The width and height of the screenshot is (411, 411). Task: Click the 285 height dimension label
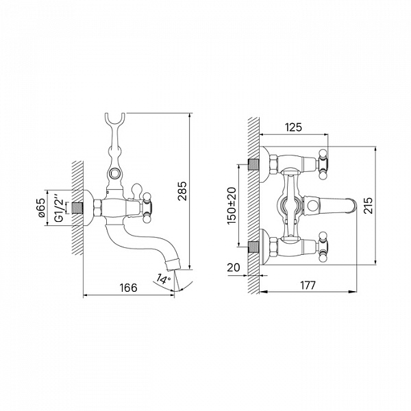tap(182, 191)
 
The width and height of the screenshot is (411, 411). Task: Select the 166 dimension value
tap(129, 288)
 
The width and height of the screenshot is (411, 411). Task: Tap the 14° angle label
tap(164, 279)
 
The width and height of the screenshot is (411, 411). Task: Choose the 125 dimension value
tap(294, 127)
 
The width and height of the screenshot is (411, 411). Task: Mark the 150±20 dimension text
tap(232, 206)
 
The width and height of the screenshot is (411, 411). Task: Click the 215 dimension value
tap(368, 206)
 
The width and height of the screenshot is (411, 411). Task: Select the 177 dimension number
tap(308, 286)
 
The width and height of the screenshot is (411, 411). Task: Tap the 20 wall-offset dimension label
tap(234, 268)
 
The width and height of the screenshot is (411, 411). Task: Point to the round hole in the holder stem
tap(114, 173)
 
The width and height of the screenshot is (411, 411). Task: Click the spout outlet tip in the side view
tap(173, 264)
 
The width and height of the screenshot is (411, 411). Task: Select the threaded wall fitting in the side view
tap(77, 208)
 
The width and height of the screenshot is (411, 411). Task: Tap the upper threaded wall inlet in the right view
tap(253, 165)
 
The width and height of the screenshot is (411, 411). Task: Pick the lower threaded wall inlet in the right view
tap(253, 247)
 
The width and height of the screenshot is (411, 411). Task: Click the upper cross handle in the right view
tap(323, 164)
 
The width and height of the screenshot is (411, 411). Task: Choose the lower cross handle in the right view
tap(323, 247)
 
